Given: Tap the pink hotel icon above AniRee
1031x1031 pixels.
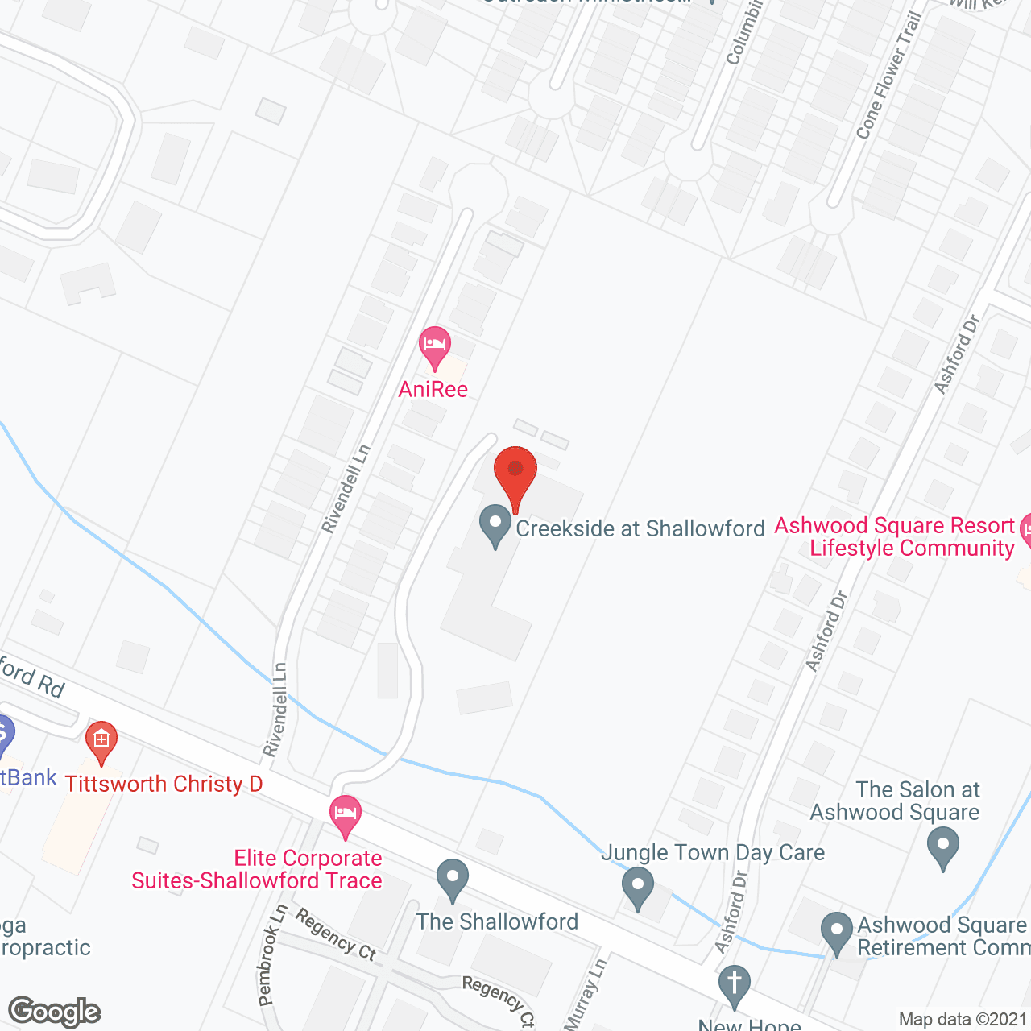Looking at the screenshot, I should coord(435,346).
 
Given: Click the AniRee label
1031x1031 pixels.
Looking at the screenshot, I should coord(433,390).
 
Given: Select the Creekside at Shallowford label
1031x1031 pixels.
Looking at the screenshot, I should coord(640,528).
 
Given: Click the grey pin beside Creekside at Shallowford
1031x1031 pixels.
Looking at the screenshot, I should coord(495,525).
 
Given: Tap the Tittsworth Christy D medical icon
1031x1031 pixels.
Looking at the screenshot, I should coord(101,741).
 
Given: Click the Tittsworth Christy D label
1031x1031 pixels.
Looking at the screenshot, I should coord(164,784).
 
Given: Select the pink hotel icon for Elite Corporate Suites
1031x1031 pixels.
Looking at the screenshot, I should coord(346,815).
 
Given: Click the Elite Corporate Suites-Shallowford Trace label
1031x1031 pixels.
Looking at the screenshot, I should coord(258,870).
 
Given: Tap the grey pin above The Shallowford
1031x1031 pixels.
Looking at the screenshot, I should coord(453,880).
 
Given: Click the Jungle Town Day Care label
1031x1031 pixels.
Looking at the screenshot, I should coord(713,852).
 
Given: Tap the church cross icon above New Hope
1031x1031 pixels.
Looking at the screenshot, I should coord(735,985).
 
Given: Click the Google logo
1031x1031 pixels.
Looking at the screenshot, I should coord(55,1012).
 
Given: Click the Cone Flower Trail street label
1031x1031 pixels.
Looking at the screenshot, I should coord(888,75).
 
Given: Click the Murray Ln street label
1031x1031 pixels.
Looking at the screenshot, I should coord(586,994).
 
